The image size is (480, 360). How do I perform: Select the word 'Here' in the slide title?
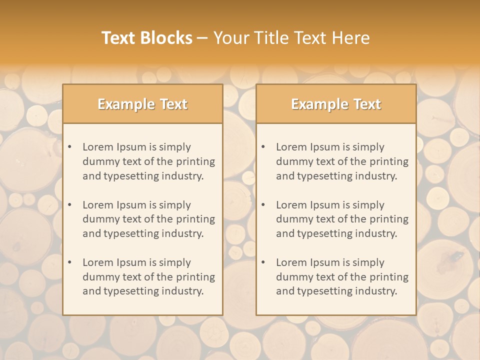pos(353,38)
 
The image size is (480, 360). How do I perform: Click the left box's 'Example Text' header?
pos(142,104)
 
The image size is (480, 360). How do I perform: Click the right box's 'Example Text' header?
pos(336,104)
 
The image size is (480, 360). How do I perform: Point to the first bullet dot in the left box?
pos(70,147)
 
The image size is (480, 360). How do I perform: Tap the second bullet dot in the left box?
pos(70,205)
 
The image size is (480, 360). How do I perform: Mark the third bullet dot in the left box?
pos(70,262)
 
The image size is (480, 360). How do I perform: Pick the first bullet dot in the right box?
pos(263,147)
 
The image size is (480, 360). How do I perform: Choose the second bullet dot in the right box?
pos(263,205)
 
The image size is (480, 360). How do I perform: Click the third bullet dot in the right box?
pos(263,262)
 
